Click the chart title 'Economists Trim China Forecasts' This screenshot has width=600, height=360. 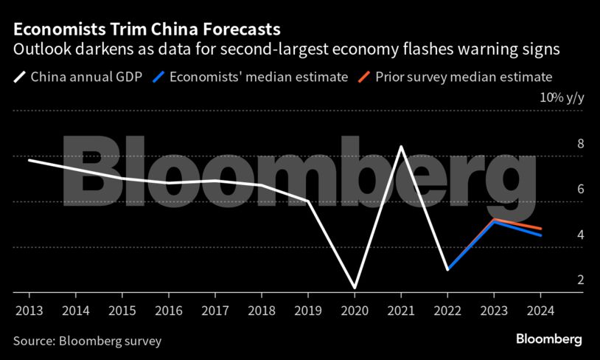pyautogui.click(x=146, y=30)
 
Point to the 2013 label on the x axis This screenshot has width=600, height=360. pyautogui.click(x=28, y=311)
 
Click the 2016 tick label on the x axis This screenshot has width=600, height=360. pyautogui.click(x=169, y=311)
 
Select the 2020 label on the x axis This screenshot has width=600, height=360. pyautogui.click(x=355, y=311)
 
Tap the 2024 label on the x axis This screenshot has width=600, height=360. pyautogui.click(x=542, y=311)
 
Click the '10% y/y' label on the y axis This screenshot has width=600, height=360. pyautogui.click(x=561, y=98)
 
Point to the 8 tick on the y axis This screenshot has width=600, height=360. pyautogui.click(x=560, y=144)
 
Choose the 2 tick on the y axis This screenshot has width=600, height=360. pyautogui.click(x=560, y=280)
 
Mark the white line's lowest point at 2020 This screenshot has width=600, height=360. pyautogui.click(x=355, y=288)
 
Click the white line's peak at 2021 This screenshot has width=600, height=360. pyautogui.click(x=401, y=146)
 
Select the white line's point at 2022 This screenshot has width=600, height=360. pyautogui.click(x=447, y=270)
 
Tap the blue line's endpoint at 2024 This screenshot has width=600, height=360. pyautogui.click(x=542, y=235)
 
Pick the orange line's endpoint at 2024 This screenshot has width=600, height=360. pyautogui.click(x=542, y=229)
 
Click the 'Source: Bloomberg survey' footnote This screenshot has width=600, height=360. pyautogui.click(x=87, y=341)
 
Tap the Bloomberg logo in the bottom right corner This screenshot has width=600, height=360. pyautogui.click(x=548, y=339)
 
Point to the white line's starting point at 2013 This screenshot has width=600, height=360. pyautogui.click(x=28, y=159)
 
